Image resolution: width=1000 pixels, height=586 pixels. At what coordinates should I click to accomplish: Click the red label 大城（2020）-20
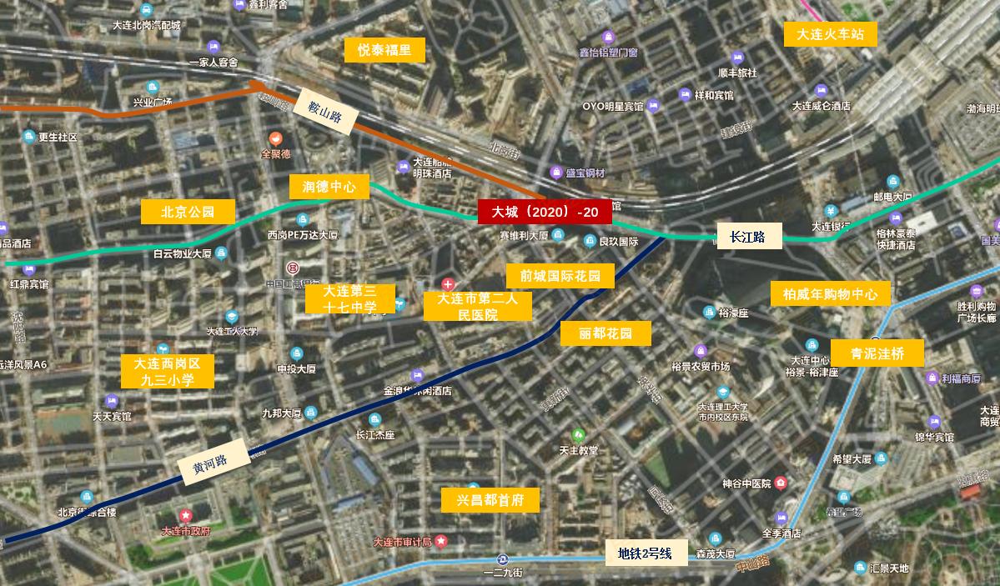pyautogui.click(x=545, y=213)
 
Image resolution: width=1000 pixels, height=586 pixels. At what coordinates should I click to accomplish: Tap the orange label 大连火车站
pyautogui.click(x=824, y=35)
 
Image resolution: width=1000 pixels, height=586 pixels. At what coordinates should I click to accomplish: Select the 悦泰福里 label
pyautogui.click(x=384, y=50)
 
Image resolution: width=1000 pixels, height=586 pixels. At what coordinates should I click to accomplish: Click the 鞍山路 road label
pyautogui.click(x=324, y=111)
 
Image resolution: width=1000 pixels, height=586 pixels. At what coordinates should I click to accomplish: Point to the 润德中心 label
pyautogui.click(x=329, y=187)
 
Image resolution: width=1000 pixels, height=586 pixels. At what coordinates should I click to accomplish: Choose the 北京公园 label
pyautogui.click(x=188, y=212)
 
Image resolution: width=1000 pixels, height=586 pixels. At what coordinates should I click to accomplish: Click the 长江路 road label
pyautogui.click(x=749, y=237)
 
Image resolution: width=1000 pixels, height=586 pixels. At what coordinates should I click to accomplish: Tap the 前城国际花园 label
pyautogui.click(x=560, y=276)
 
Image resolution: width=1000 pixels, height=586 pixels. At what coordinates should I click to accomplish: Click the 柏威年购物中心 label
pyautogui.click(x=830, y=294)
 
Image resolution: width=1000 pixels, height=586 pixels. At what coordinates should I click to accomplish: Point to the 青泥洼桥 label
pyautogui.click(x=877, y=353)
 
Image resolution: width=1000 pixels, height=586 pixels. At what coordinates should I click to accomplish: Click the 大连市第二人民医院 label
pyautogui.click(x=478, y=306)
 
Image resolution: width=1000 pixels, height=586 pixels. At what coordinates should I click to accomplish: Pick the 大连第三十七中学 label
pyautogui.click(x=349, y=298)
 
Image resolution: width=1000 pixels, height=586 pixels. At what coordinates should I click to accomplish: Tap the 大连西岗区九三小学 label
pyautogui.click(x=167, y=371)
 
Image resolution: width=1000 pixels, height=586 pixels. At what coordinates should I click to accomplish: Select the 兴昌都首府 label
pyautogui.click(x=490, y=500)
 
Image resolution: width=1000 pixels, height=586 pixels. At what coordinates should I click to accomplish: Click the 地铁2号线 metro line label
pyautogui.click(x=646, y=553)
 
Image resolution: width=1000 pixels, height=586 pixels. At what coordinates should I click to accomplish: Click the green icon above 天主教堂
pyautogui.click(x=577, y=435)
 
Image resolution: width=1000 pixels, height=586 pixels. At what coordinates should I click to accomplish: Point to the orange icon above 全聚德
pyautogui.click(x=275, y=138)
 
